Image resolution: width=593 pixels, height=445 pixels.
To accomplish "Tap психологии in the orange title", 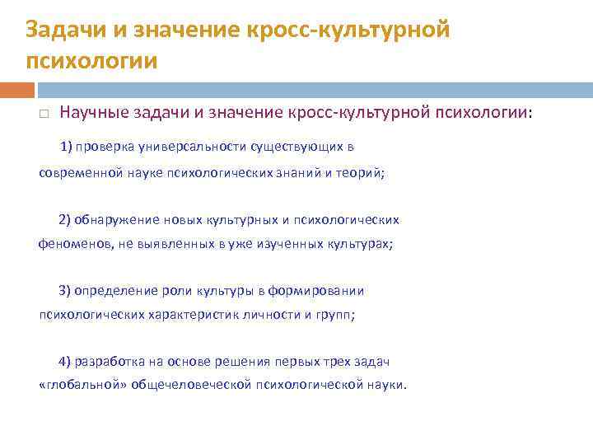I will (x=91, y=61).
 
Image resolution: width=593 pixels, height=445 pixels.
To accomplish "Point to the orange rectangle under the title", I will (x=17, y=89).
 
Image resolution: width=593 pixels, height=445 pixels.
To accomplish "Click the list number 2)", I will (x=65, y=219).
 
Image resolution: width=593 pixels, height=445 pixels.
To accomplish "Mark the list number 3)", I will (x=65, y=290).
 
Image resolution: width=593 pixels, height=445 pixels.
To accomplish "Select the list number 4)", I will (x=65, y=362).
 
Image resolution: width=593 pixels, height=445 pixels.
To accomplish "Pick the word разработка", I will (x=107, y=362).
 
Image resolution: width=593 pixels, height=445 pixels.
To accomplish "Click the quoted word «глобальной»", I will (x=72, y=386).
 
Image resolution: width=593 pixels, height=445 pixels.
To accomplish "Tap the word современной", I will (x=80, y=173).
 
